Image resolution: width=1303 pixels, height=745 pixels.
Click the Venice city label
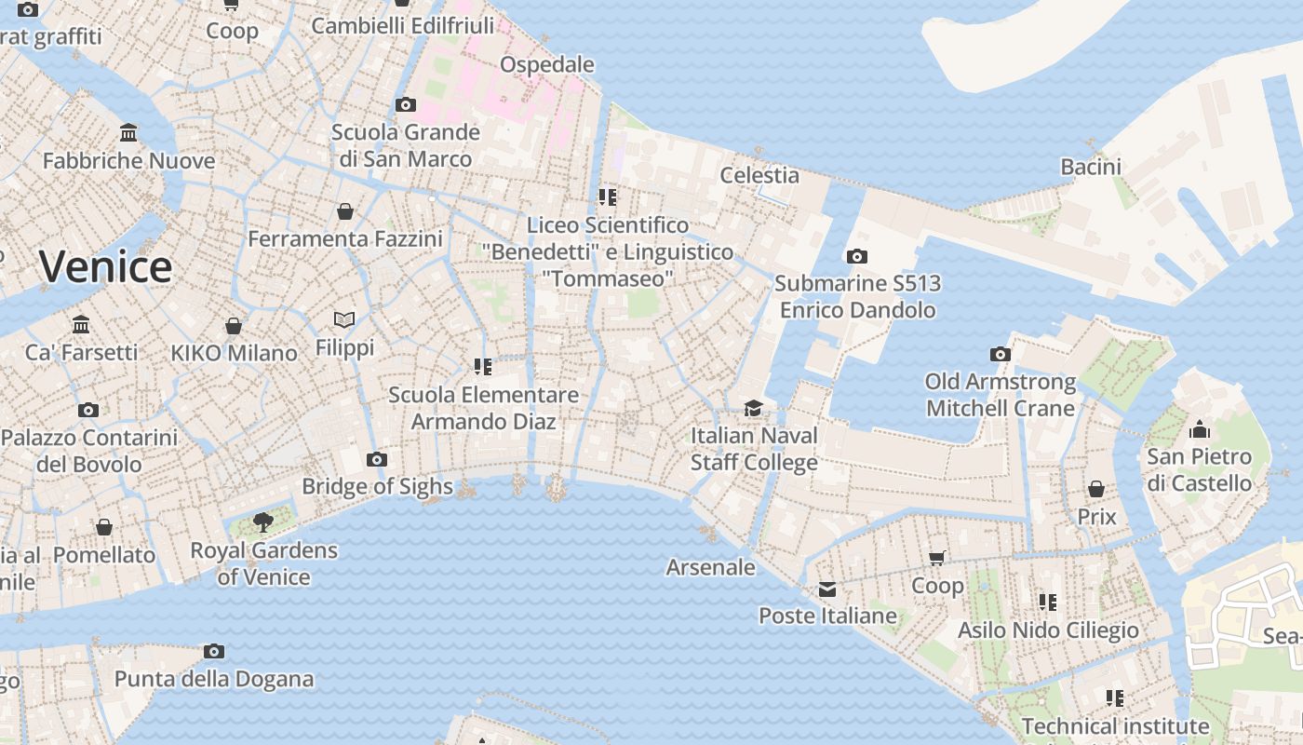point(105,267)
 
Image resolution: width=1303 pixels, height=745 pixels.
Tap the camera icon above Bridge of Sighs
point(377,459)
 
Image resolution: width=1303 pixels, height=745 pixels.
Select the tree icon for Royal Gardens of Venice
point(263,521)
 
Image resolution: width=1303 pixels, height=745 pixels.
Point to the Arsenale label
point(711,566)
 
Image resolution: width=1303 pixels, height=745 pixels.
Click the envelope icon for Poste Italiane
point(827,589)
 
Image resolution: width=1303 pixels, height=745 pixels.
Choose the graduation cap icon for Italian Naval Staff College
point(753,408)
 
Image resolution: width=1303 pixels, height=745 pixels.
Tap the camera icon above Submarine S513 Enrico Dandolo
point(857,256)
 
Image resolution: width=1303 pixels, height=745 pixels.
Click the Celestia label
point(759,175)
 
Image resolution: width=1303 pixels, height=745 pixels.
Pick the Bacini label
point(1091,167)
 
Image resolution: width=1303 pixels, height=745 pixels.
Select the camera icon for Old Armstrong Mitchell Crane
point(1001,354)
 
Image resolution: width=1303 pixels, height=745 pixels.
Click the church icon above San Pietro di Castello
point(1200,429)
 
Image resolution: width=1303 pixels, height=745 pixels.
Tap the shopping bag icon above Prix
point(1096,489)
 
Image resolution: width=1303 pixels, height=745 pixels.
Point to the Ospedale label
point(547,64)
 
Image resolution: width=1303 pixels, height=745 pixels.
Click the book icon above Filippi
point(344,319)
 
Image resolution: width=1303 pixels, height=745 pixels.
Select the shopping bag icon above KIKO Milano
point(234,326)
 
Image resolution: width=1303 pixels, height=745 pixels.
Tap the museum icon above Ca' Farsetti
point(81,325)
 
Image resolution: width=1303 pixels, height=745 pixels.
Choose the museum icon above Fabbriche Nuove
point(128,133)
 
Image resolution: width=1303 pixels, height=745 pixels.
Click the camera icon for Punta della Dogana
point(214,651)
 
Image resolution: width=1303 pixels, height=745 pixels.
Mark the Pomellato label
point(104,555)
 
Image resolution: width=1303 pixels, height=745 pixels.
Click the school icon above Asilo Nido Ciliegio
point(1048,603)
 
